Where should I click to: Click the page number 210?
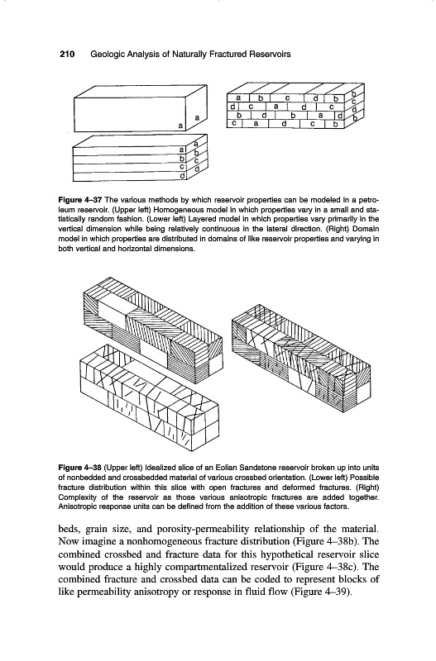click(x=67, y=55)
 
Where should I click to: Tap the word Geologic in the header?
click(x=106, y=55)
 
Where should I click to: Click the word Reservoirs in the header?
click(x=270, y=55)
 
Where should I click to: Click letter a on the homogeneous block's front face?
click(x=180, y=126)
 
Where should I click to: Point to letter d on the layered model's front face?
click(x=182, y=176)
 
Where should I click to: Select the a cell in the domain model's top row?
click(x=238, y=97)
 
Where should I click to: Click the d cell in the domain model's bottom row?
click(x=284, y=123)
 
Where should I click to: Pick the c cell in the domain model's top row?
click(x=287, y=97)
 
